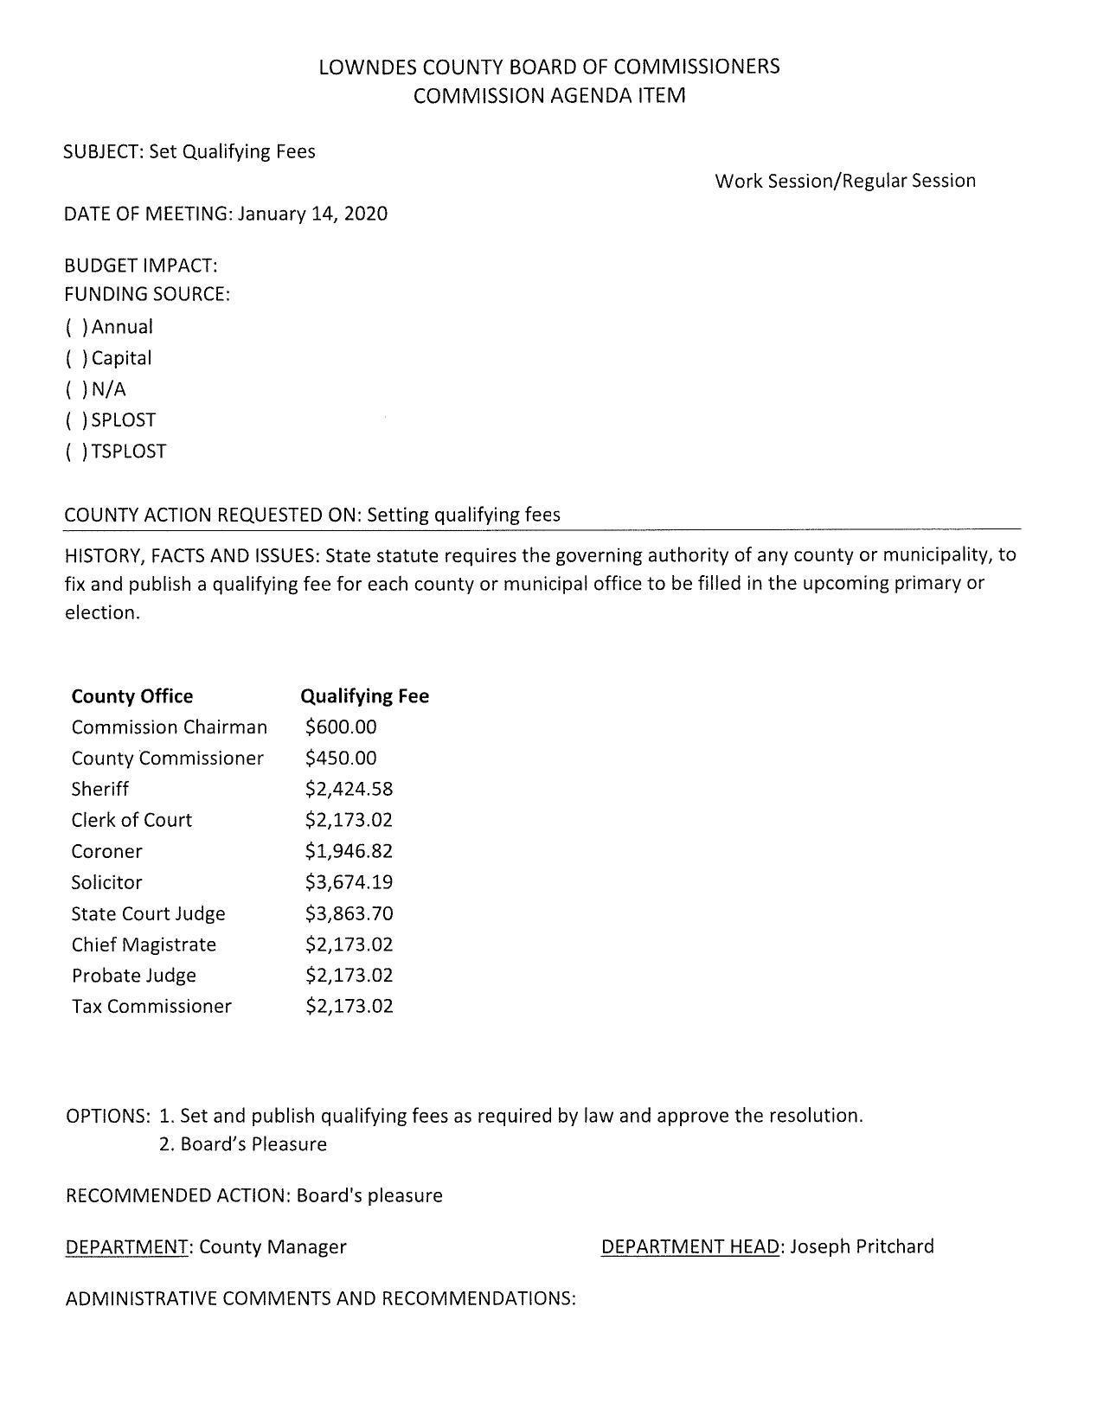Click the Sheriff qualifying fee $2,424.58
click(349, 789)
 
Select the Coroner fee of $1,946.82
click(349, 851)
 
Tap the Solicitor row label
click(106, 882)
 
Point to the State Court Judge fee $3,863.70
click(349, 913)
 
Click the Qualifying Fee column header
click(364, 696)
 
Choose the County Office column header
click(132, 696)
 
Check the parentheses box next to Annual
click(76, 327)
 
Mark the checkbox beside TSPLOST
click(76, 451)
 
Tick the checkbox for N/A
click(76, 389)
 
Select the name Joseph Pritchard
click(862, 1246)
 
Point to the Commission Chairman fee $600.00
click(341, 727)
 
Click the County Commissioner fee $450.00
click(341, 758)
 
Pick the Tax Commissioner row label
click(151, 1006)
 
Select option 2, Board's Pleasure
click(243, 1144)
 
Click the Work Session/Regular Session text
click(845, 181)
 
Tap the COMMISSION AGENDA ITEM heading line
click(549, 96)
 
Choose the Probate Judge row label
click(134, 976)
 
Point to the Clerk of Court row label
click(131, 820)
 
